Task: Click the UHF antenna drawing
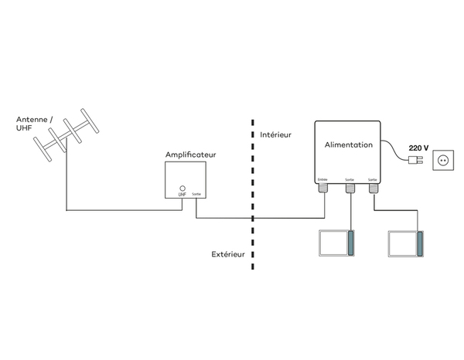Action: coord(67,138)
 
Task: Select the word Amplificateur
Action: coord(190,155)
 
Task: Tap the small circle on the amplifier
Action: coord(183,188)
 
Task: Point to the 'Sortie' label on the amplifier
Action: coord(196,195)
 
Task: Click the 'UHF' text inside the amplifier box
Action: coord(183,195)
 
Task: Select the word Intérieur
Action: coord(275,134)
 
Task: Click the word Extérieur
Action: coord(229,253)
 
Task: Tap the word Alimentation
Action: coord(348,144)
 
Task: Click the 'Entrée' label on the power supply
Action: coord(323,179)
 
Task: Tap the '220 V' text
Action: coord(419,147)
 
